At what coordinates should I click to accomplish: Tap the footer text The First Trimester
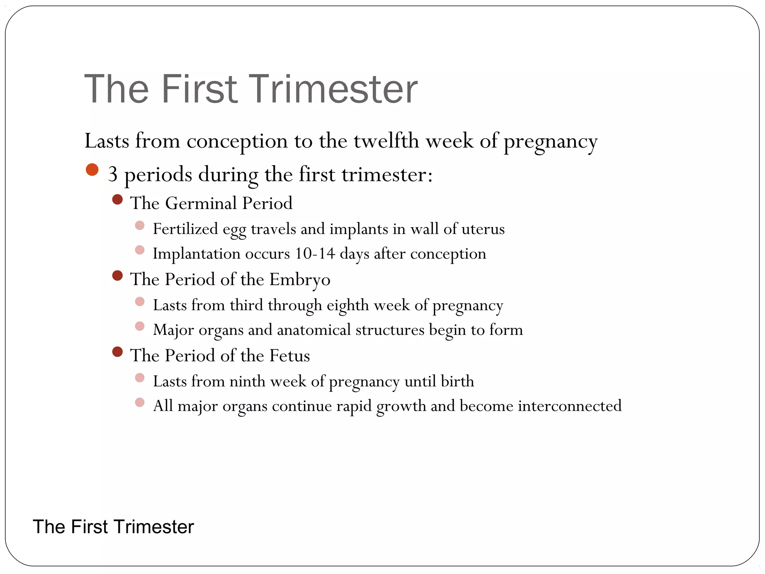[113, 527]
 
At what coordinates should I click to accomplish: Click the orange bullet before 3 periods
[92, 170]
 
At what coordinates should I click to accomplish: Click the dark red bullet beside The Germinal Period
[117, 200]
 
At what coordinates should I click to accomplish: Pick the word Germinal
[201, 203]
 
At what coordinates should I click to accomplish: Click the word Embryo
[300, 280]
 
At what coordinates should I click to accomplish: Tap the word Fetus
[289, 355]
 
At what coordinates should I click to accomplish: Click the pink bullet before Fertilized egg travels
[140, 225]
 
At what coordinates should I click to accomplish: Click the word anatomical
[314, 330]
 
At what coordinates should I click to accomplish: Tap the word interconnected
[570, 406]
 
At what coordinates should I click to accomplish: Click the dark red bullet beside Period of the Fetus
[117, 352]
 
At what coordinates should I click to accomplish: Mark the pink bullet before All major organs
[140, 402]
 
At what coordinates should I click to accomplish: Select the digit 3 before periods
[112, 175]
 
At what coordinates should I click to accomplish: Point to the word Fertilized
[185, 229]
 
